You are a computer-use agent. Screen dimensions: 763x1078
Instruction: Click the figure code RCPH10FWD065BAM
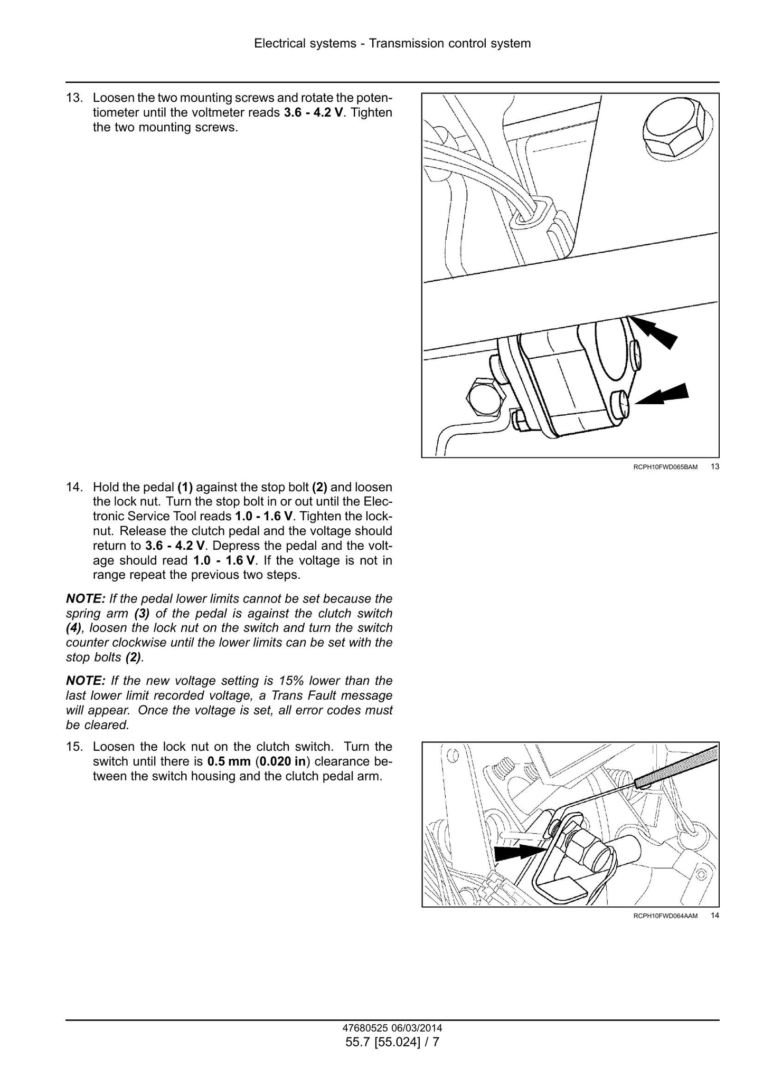coord(666,467)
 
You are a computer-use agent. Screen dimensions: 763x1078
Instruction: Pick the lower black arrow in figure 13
coord(662,394)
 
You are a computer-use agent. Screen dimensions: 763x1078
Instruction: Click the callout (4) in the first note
coord(73,628)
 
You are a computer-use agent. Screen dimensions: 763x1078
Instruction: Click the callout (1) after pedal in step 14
coord(185,487)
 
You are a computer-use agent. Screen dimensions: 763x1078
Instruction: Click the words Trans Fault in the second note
coord(298,695)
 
